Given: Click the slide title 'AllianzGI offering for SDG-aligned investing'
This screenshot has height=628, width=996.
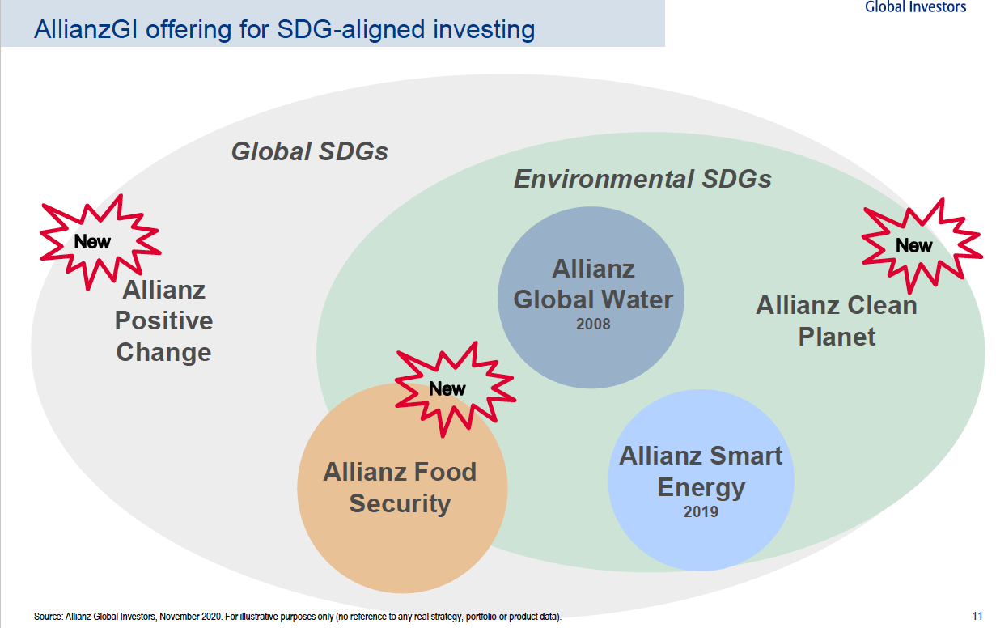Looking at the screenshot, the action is pyautogui.click(x=284, y=29).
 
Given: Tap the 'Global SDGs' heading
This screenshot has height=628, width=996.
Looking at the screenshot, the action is pyautogui.click(x=309, y=151).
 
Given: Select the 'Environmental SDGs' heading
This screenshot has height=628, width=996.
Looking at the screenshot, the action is pyautogui.click(x=642, y=179).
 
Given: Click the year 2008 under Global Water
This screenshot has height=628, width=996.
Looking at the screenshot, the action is pyautogui.click(x=593, y=324).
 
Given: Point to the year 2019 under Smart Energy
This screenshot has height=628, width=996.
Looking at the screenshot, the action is pyautogui.click(x=701, y=511).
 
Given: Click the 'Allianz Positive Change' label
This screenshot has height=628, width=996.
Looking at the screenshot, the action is pyautogui.click(x=163, y=320).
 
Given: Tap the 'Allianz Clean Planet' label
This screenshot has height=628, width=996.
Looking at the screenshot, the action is pyautogui.click(x=837, y=320).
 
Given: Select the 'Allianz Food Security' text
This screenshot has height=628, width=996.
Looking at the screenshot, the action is pyautogui.click(x=400, y=487).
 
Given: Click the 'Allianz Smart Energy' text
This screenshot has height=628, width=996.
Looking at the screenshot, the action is pyautogui.click(x=701, y=472).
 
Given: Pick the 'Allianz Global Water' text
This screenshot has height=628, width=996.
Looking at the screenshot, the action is pyautogui.click(x=593, y=284).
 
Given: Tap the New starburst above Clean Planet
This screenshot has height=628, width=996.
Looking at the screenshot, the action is pyautogui.click(x=922, y=245).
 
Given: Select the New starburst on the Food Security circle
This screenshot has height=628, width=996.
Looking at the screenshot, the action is pyautogui.click(x=455, y=388).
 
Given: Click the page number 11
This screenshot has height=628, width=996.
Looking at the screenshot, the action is pyautogui.click(x=977, y=616).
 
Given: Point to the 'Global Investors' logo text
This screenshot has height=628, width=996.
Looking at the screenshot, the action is pyautogui.click(x=915, y=6).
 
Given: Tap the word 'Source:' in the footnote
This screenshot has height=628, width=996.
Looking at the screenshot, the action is pyautogui.click(x=49, y=617).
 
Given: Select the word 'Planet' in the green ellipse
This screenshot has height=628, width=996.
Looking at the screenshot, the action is pyautogui.click(x=837, y=336).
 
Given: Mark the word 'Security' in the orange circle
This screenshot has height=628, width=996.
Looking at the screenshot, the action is pyautogui.click(x=400, y=503).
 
